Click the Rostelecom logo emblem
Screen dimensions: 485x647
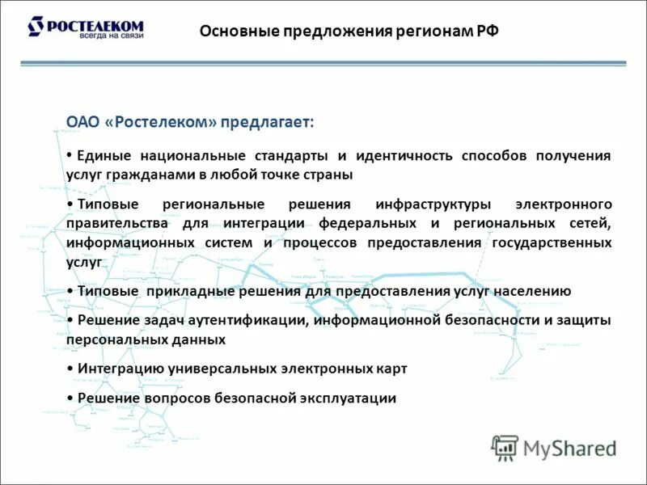(x=36, y=27)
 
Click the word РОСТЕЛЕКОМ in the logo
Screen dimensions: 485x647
(x=96, y=24)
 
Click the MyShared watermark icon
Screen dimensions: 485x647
(x=505, y=448)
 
